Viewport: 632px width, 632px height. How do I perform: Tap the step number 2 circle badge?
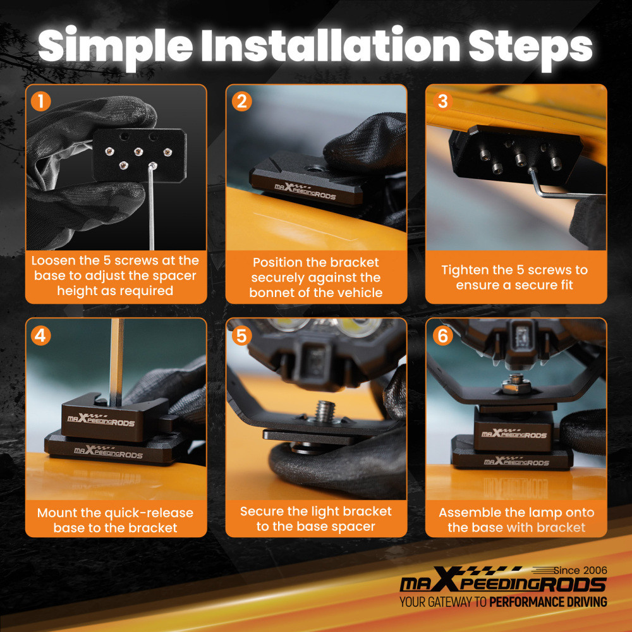click(x=241, y=100)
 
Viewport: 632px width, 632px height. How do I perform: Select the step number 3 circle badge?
click(x=442, y=100)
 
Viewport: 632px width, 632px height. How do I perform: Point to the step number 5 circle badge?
click(x=241, y=336)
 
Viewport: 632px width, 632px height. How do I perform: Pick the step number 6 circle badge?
click(x=442, y=336)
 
